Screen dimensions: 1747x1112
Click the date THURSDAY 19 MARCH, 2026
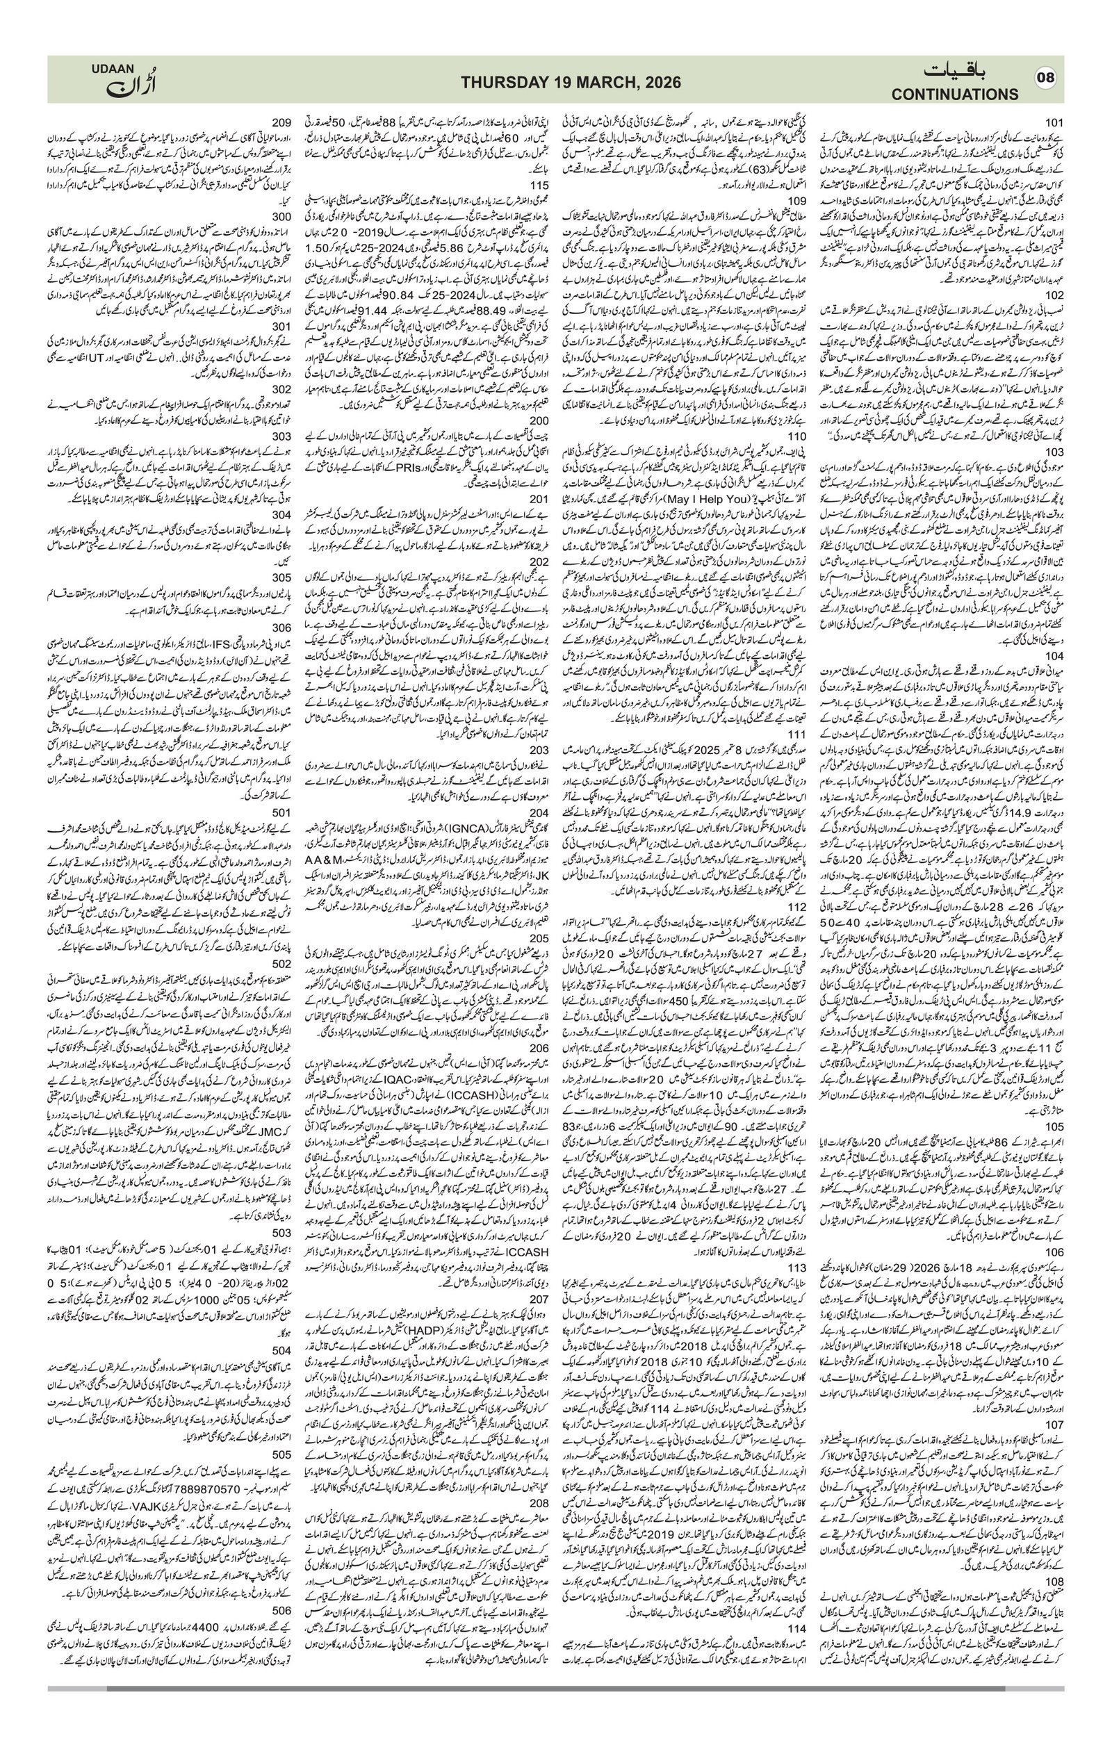click(571, 83)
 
